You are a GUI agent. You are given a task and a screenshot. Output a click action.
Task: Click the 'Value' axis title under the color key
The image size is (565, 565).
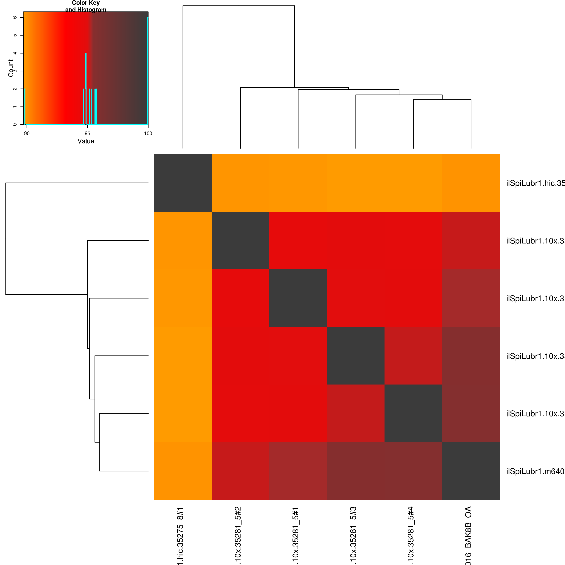click(x=86, y=141)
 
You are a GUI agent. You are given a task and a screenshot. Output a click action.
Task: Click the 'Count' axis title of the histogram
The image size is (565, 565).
click(x=11, y=68)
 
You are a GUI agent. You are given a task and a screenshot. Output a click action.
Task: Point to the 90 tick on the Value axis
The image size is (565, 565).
click(x=27, y=134)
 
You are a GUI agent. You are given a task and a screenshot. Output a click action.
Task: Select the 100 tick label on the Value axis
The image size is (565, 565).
click(x=148, y=134)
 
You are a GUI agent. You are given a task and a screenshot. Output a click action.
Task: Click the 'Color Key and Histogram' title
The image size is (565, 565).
click(x=86, y=6)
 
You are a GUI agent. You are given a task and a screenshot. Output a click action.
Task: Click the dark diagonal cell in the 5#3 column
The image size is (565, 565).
click(x=356, y=356)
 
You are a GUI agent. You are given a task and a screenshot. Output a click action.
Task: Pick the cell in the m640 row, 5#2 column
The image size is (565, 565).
click(x=240, y=471)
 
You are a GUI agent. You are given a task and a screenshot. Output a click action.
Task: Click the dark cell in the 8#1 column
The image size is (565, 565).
click(x=183, y=183)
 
